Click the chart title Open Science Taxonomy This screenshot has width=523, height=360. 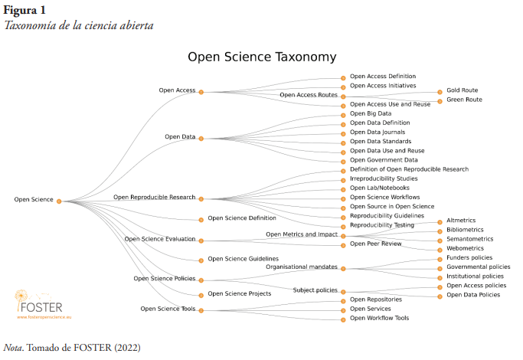click(x=262, y=57)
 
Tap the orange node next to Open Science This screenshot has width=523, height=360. click(x=59, y=201)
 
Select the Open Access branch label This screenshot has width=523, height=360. click(x=177, y=90)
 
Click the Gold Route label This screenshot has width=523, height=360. click(x=462, y=90)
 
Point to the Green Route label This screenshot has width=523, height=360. click(x=464, y=100)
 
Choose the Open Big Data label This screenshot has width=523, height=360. click(x=371, y=113)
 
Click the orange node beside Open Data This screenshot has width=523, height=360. click(x=201, y=138)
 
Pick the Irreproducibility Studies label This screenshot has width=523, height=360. click(x=384, y=178)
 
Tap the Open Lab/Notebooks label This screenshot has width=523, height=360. click(x=379, y=188)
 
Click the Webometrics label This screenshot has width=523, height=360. click(x=465, y=248)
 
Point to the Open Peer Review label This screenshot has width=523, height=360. click(x=375, y=244)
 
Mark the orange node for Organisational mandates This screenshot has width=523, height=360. click(x=344, y=268)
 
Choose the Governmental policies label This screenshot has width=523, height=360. click(x=478, y=267)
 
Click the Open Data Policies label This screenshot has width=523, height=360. click(x=472, y=295)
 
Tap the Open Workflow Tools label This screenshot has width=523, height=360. click(x=379, y=318)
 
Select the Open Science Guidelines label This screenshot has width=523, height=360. click(x=243, y=259)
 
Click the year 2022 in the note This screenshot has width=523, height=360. click(x=126, y=347)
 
